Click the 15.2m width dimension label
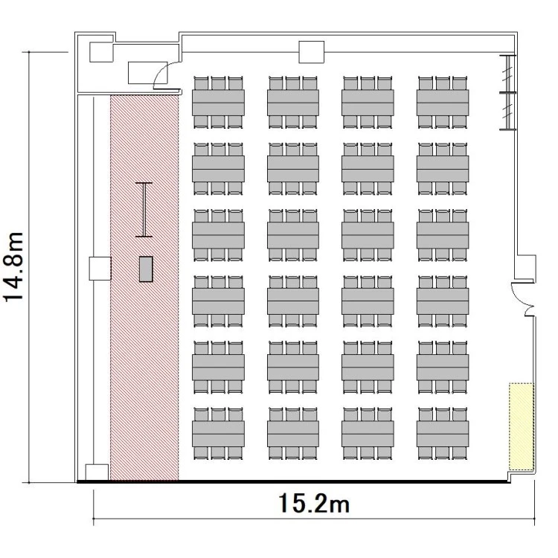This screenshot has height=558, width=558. click(x=314, y=503)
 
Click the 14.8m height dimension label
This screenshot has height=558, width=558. click(x=13, y=267)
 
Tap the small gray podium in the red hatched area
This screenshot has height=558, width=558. click(x=146, y=269)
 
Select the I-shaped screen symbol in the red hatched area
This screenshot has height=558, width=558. click(x=144, y=210)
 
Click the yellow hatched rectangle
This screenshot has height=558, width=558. click(x=522, y=427)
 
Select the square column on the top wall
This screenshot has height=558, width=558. click(x=312, y=52)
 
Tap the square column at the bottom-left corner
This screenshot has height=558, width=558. click(x=97, y=472)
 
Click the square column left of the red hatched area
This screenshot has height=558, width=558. click(x=100, y=269)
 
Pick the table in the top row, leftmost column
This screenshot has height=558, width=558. click(x=218, y=103)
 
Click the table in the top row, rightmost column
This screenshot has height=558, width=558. click(x=443, y=103)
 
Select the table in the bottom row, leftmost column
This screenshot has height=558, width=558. click(x=218, y=434)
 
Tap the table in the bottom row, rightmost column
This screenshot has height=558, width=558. click(x=443, y=434)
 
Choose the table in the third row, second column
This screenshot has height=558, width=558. click(x=293, y=235)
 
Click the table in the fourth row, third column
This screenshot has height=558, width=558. click(x=368, y=301)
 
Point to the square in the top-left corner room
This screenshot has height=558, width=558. click(x=101, y=52)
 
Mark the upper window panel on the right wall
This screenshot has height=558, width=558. click(x=507, y=74)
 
